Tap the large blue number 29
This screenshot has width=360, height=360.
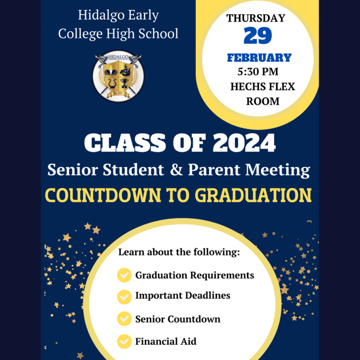(259, 36)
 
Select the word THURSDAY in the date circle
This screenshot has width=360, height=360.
(256, 18)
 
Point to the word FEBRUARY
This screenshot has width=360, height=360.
(259, 58)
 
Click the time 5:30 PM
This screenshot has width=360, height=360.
(257, 72)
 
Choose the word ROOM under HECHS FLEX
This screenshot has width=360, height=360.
(263, 101)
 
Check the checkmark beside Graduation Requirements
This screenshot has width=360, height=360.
(124, 275)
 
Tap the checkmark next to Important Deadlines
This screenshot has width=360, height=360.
(124, 297)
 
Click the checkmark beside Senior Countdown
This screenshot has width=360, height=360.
(124, 319)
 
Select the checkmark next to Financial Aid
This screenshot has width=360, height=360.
(124, 341)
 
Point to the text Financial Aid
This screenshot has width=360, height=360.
(166, 341)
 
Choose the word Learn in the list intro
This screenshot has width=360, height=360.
(130, 252)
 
